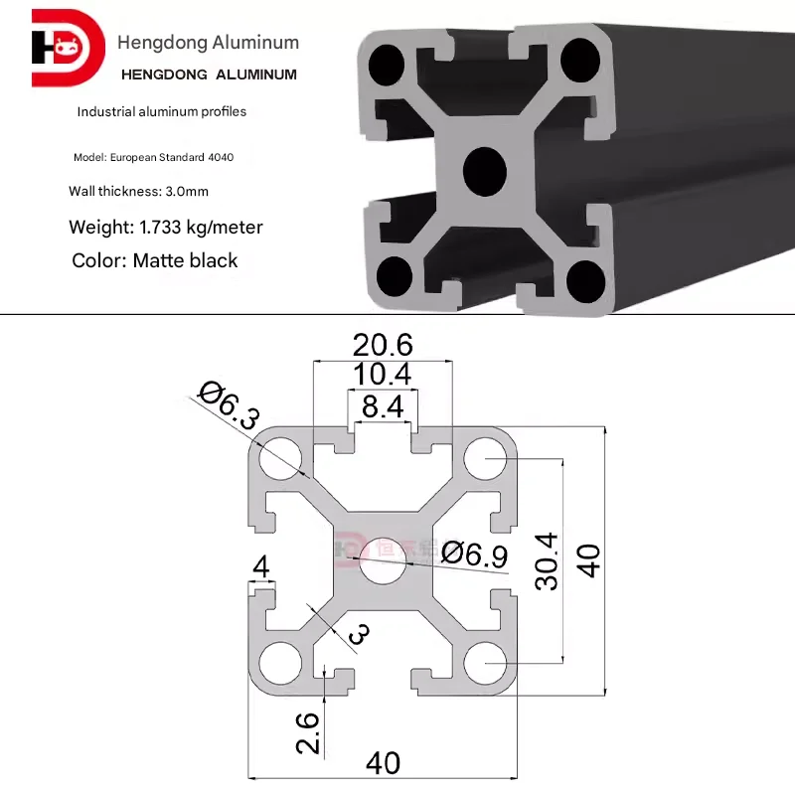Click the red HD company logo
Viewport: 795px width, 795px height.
[x=67, y=49]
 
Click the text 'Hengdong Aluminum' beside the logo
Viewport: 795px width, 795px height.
[x=208, y=43]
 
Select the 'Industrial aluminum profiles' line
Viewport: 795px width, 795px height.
[x=162, y=111]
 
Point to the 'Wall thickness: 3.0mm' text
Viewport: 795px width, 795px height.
[x=138, y=191]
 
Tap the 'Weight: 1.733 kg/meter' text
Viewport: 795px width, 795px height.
[x=166, y=228]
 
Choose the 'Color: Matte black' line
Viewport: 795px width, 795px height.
[x=155, y=260]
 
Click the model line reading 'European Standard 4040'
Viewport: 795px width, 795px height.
[x=154, y=158]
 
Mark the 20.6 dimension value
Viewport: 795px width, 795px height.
[x=383, y=346]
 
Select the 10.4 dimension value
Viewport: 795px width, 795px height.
[x=383, y=375]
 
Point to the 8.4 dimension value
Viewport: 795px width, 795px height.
[x=383, y=404]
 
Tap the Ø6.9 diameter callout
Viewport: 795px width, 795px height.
[x=475, y=554]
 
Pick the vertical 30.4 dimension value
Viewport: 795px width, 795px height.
[x=547, y=561]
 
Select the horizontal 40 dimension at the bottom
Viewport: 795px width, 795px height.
[x=383, y=763]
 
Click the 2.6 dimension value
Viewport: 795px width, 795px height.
[x=309, y=733]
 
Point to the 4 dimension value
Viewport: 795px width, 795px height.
[x=261, y=566]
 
